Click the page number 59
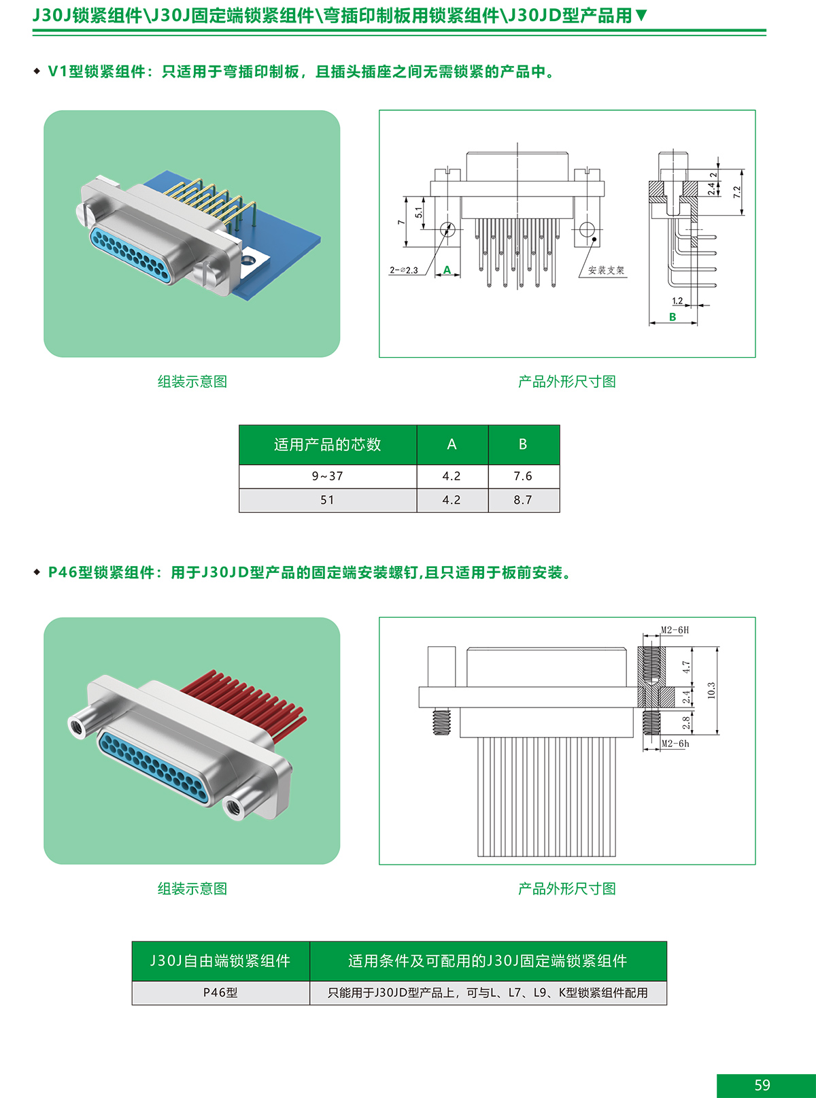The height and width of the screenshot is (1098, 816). point(762,1084)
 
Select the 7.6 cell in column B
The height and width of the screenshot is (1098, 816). point(524,476)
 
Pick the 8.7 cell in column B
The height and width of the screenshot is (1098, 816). point(524,501)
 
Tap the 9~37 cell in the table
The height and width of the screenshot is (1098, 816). point(328,476)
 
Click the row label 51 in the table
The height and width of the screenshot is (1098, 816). point(328,501)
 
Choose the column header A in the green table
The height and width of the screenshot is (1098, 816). point(452,444)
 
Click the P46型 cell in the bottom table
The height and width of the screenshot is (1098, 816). point(221,993)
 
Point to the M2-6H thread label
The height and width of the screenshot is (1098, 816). point(675,630)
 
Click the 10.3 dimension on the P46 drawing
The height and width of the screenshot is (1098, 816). point(711,690)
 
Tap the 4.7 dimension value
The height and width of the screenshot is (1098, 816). point(686,667)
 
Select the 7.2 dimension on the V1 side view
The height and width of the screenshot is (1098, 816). point(737,192)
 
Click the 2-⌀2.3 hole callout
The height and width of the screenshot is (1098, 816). point(404,270)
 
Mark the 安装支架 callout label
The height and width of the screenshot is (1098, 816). point(606,270)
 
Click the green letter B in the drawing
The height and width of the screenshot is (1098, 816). point(673,317)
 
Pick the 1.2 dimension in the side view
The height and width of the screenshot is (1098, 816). point(677,301)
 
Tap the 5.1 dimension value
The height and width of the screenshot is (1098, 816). point(419,212)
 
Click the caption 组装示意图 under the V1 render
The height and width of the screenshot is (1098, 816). point(192,382)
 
